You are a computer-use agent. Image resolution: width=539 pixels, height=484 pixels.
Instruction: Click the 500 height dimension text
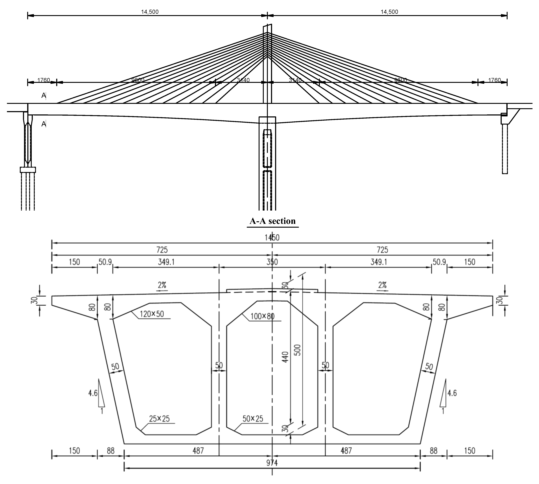(298, 350)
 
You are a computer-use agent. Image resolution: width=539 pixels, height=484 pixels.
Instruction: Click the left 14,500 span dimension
(150, 12)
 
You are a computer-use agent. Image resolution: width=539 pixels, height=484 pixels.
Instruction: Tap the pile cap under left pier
(28, 170)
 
